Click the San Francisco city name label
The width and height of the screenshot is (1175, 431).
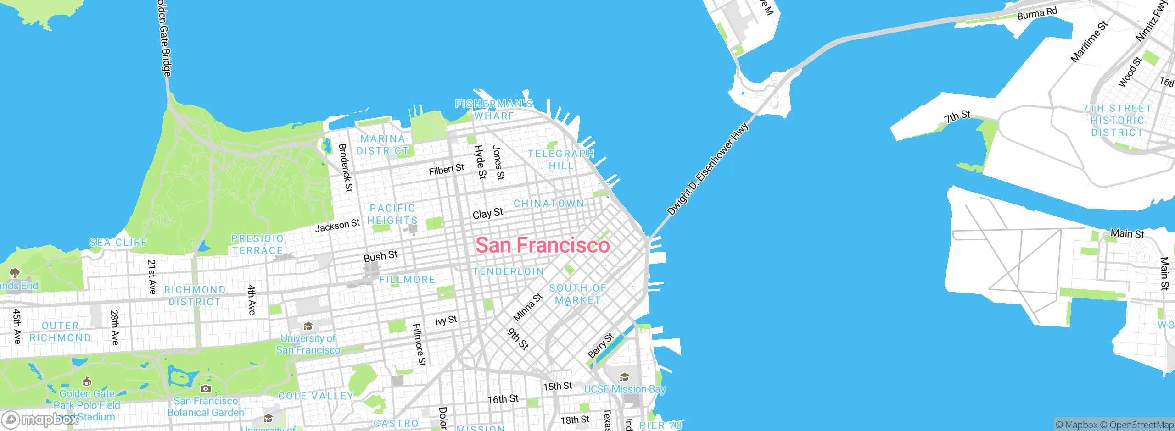543,245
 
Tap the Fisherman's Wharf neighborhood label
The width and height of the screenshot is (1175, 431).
494,110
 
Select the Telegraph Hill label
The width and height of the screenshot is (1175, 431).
561,160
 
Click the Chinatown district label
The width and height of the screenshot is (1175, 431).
548,203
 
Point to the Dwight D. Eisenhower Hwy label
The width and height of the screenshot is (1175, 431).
707,169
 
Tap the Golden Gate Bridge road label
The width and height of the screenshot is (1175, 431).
164,39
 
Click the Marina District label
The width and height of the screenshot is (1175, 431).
382,144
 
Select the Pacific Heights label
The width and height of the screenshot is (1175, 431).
392,214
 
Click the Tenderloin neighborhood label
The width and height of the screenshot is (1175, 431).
508,271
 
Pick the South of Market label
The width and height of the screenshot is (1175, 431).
578,294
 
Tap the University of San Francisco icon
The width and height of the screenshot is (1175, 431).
308,326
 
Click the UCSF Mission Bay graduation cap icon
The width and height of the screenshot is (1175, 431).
624,377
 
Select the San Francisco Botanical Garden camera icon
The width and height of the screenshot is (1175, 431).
206,389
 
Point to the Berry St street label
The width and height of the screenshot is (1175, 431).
601,346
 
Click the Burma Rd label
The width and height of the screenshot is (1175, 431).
1037,13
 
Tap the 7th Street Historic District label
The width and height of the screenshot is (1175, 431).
1117,120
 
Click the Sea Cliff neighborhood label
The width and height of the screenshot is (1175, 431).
118,242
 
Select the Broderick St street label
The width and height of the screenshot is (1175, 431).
346,167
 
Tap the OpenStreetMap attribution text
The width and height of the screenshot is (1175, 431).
1141,425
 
